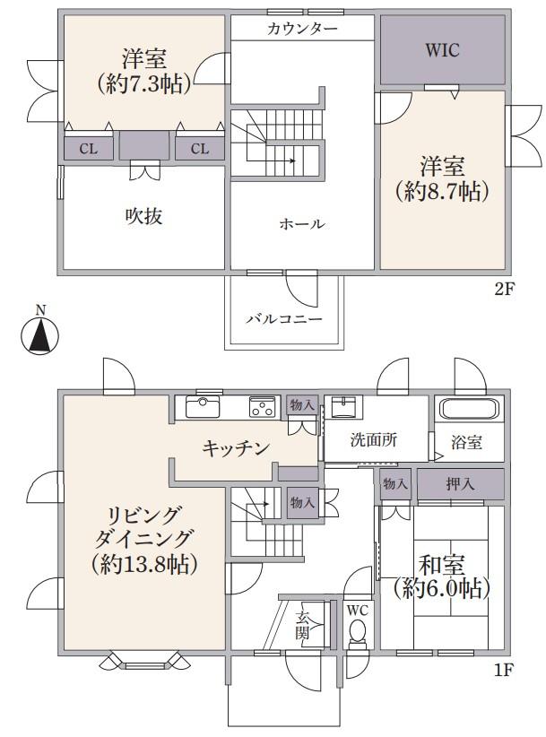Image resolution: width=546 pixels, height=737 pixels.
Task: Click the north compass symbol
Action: click(40, 332)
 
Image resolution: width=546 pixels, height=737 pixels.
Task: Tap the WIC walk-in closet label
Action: click(442, 50)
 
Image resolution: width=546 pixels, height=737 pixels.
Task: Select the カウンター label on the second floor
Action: click(302, 30)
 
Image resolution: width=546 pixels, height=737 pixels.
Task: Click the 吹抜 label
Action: click(143, 216)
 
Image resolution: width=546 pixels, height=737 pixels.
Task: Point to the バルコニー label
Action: click(284, 319)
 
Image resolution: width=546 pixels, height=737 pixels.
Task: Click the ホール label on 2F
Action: click(302, 224)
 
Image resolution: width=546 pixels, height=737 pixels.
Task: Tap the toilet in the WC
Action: click(358, 631)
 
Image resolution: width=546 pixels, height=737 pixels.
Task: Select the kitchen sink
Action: click(203, 406)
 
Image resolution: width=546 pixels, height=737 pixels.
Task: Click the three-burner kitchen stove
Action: click(262, 406)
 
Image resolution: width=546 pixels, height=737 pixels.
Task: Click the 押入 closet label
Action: click(460, 483)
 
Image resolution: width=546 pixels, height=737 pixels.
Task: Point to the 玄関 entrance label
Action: click(302, 625)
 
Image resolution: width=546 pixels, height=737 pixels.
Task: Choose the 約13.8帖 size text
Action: click(144, 563)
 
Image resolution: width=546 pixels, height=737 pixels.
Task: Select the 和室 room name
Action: click(442, 565)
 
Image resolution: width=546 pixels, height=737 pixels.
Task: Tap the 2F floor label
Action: click(504, 289)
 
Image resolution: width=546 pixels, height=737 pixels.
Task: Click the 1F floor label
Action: click(504, 670)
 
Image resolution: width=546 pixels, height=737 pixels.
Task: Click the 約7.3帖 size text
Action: click(143, 84)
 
